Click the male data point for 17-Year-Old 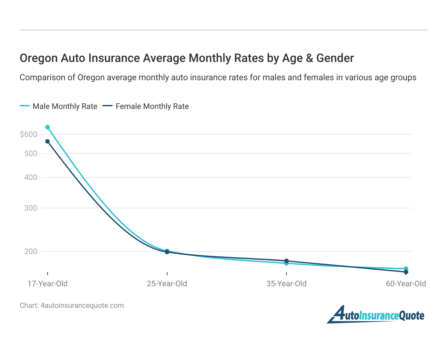point(48,127)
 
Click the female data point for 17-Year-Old point(48,142)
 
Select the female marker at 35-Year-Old point(286,261)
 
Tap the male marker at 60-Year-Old point(406,269)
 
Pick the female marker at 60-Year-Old point(406,272)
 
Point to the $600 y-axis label point(28,134)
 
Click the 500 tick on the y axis point(31,154)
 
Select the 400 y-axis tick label point(31,177)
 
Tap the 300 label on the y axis point(31,208)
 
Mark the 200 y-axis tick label point(31,251)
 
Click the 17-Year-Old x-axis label point(48,284)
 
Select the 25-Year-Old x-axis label point(167,284)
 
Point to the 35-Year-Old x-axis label point(286,284)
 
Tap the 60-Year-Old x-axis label point(406,284)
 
